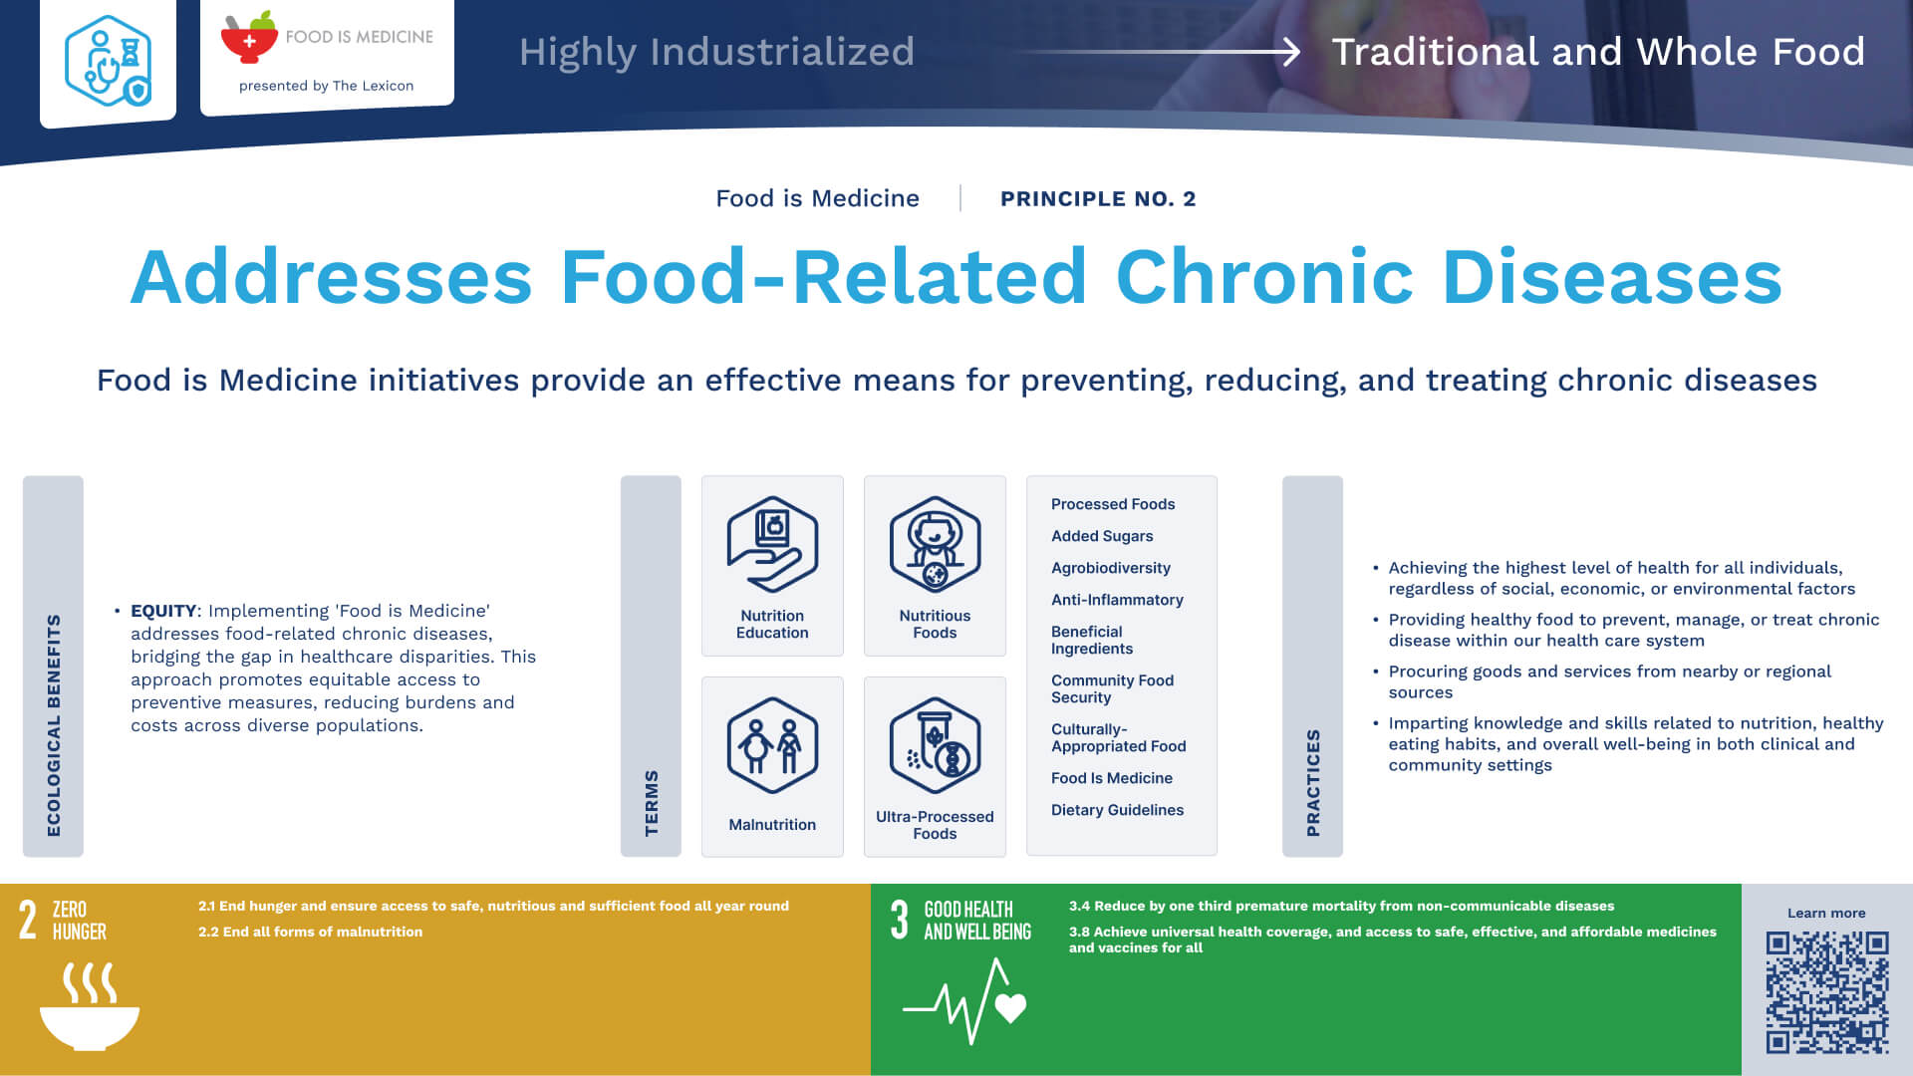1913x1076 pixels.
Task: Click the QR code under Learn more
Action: pyautogui.click(x=1827, y=992)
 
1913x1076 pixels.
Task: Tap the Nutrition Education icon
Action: pyautogui.click(x=772, y=544)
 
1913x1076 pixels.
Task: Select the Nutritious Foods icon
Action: pyautogui.click(x=935, y=544)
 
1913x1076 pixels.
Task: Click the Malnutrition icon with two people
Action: pyautogui.click(x=772, y=745)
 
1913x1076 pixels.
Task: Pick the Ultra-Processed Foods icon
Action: pyautogui.click(x=935, y=745)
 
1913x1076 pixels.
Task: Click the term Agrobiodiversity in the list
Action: pyautogui.click(x=1111, y=568)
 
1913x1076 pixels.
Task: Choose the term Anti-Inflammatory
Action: pyautogui.click(x=1117, y=600)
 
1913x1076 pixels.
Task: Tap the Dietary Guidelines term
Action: pyautogui.click(x=1117, y=810)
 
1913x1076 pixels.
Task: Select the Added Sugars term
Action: pyautogui.click(x=1102, y=536)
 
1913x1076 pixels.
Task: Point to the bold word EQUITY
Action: pyautogui.click(x=163, y=611)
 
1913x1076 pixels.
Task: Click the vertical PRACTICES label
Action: pyautogui.click(x=1313, y=782)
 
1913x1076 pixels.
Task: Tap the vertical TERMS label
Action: pyautogui.click(x=652, y=803)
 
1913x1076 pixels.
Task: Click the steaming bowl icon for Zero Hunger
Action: pyautogui.click(x=90, y=1005)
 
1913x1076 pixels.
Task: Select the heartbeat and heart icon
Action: pyautogui.click(x=964, y=1001)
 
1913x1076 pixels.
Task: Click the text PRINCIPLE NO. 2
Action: pyautogui.click(x=1098, y=199)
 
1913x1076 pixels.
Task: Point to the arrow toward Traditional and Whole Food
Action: pyautogui.click(x=1161, y=51)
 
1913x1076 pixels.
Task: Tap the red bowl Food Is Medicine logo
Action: pyautogui.click(x=248, y=38)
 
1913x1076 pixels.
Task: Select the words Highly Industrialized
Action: pyautogui.click(x=716, y=52)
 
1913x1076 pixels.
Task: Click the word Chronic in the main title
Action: pyautogui.click(x=1264, y=277)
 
